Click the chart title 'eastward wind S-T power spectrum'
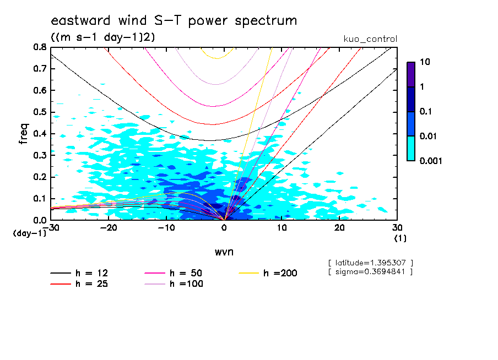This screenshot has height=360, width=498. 174,21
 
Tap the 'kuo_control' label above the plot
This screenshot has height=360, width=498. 370,39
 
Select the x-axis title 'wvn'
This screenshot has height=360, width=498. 224,252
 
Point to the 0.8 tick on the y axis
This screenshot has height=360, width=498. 39,47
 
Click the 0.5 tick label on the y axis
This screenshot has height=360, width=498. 39,112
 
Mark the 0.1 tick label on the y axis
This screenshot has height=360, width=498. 39,199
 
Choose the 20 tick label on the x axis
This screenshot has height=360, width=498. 339,227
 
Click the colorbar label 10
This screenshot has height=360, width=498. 425,63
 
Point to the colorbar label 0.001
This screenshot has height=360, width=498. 431,161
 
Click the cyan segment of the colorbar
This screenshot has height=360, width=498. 410,148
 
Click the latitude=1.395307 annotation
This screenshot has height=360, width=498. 370,263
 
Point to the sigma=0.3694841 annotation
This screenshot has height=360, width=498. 370,272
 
